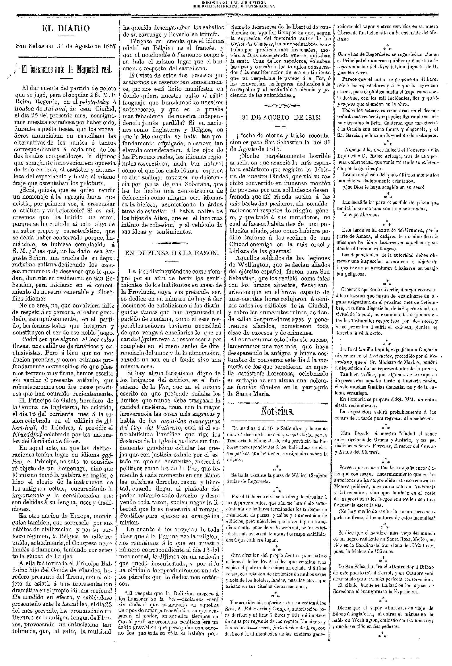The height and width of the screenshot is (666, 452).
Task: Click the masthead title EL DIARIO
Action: (x=66, y=28)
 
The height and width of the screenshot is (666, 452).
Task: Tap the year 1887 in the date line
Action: (x=108, y=46)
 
